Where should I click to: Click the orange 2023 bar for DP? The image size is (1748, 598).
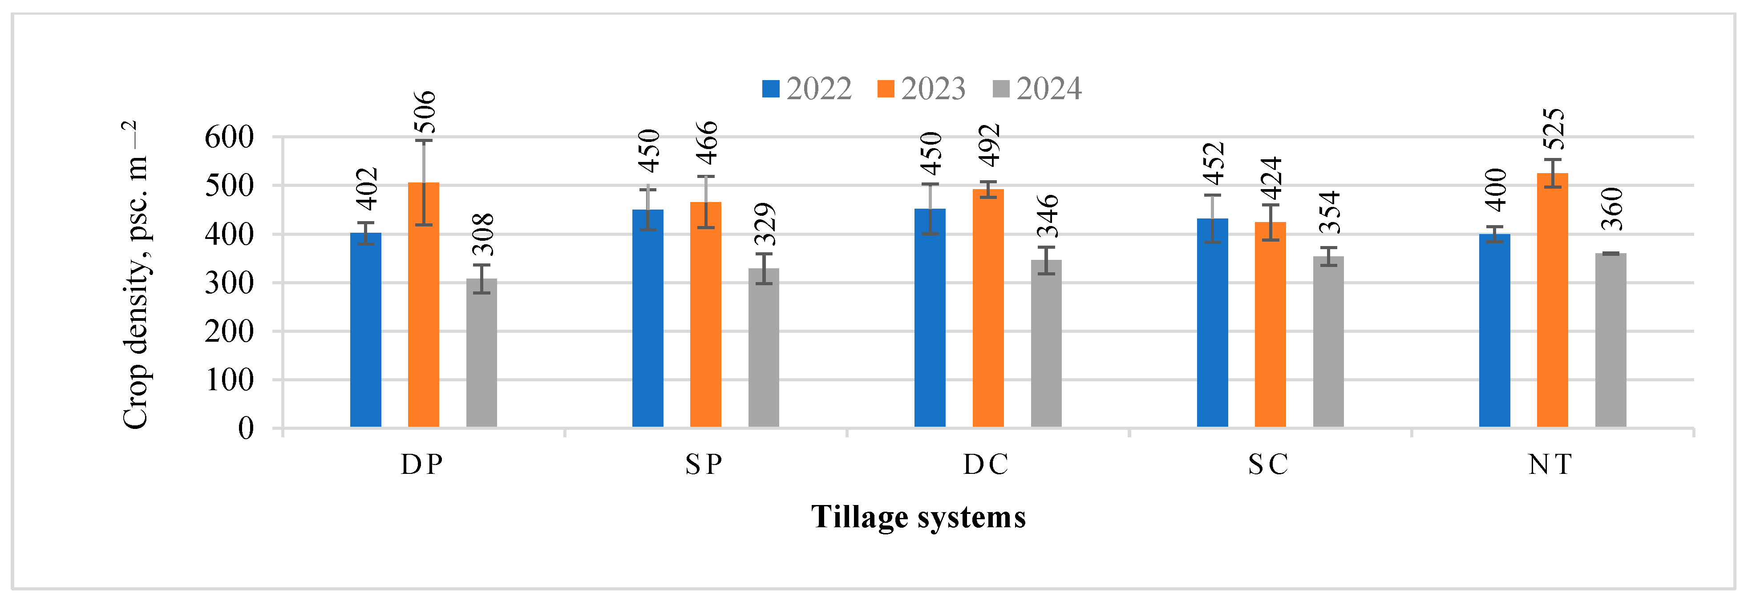click(x=424, y=305)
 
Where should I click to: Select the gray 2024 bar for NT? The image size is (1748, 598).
click(x=1610, y=340)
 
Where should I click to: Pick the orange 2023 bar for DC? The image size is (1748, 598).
click(x=988, y=308)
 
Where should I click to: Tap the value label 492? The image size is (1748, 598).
click(x=989, y=145)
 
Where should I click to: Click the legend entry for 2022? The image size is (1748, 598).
click(x=808, y=89)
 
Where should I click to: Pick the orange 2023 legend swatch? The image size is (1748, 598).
click(x=886, y=89)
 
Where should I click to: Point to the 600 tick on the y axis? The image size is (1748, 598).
click(x=229, y=138)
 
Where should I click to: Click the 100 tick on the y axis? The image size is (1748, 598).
click(x=229, y=380)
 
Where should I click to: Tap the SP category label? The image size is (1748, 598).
click(x=704, y=465)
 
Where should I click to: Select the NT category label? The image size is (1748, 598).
click(x=1550, y=465)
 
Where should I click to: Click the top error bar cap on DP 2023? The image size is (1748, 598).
click(x=424, y=141)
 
